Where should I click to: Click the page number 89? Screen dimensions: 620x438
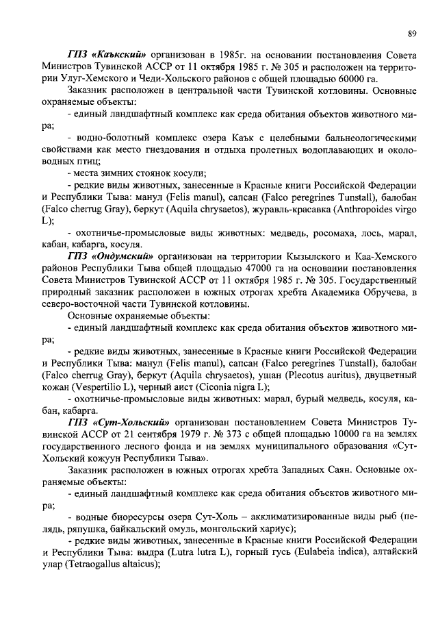(412, 33)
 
